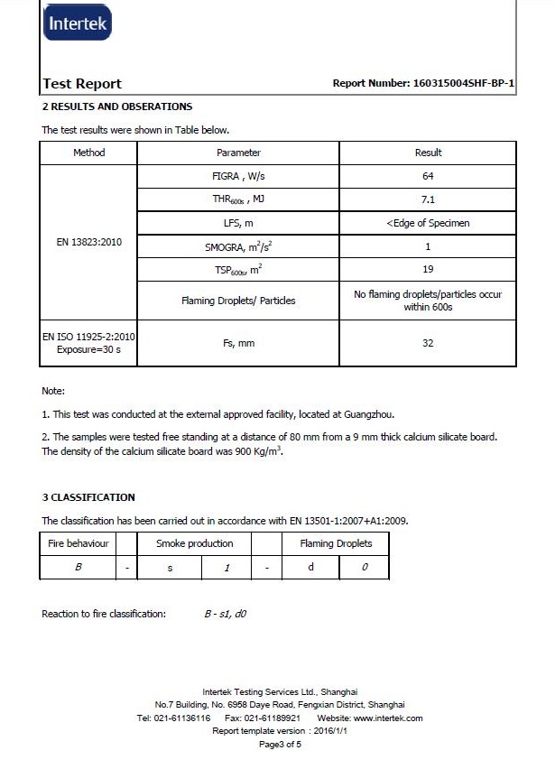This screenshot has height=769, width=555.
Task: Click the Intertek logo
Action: (78, 23)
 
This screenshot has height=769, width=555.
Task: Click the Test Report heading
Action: (82, 84)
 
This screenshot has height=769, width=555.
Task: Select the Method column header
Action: (88, 153)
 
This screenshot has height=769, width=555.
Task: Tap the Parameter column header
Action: (239, 153)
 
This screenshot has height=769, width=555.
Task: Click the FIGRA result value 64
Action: (428, 176)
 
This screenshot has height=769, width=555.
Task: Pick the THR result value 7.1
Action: (428, 199)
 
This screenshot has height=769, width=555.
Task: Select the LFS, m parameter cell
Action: (239, 223)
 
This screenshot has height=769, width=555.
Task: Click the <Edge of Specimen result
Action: (428, 223)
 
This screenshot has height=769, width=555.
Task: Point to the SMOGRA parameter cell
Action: (239, 246)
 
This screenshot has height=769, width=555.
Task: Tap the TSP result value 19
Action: (428, 269)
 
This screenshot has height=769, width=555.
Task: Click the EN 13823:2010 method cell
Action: (88, 242)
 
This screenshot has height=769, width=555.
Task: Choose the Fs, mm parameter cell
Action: (239, 343)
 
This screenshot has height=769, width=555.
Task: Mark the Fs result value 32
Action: (428, 343)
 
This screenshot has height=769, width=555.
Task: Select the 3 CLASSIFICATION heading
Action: (88, 497)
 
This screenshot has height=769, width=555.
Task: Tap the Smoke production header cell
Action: (194, 543)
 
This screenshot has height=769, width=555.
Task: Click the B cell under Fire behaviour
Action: (79, 567)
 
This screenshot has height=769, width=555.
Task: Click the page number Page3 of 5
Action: (279, 745)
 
